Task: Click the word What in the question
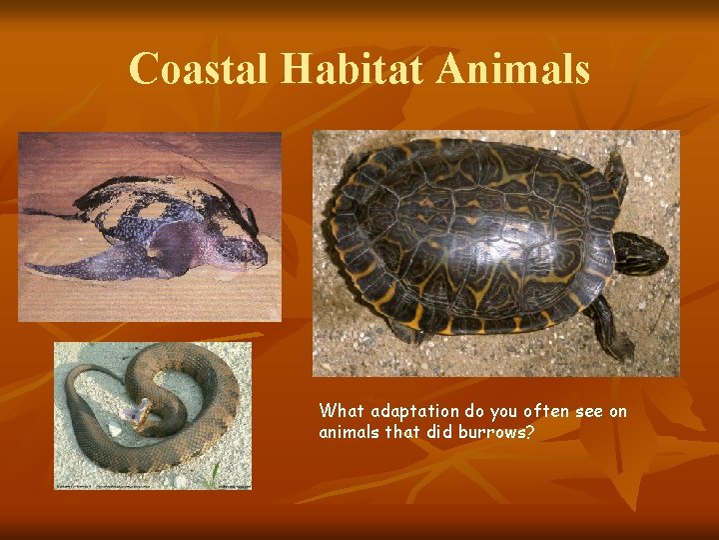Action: pyautogui.click(x=342, y=411)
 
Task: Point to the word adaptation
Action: pyautogui.click(x=414, y=411)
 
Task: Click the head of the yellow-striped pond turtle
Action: pyautogui.click(x=640, y=252)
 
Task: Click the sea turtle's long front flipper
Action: pyautogui.click(x=95, y=264)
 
